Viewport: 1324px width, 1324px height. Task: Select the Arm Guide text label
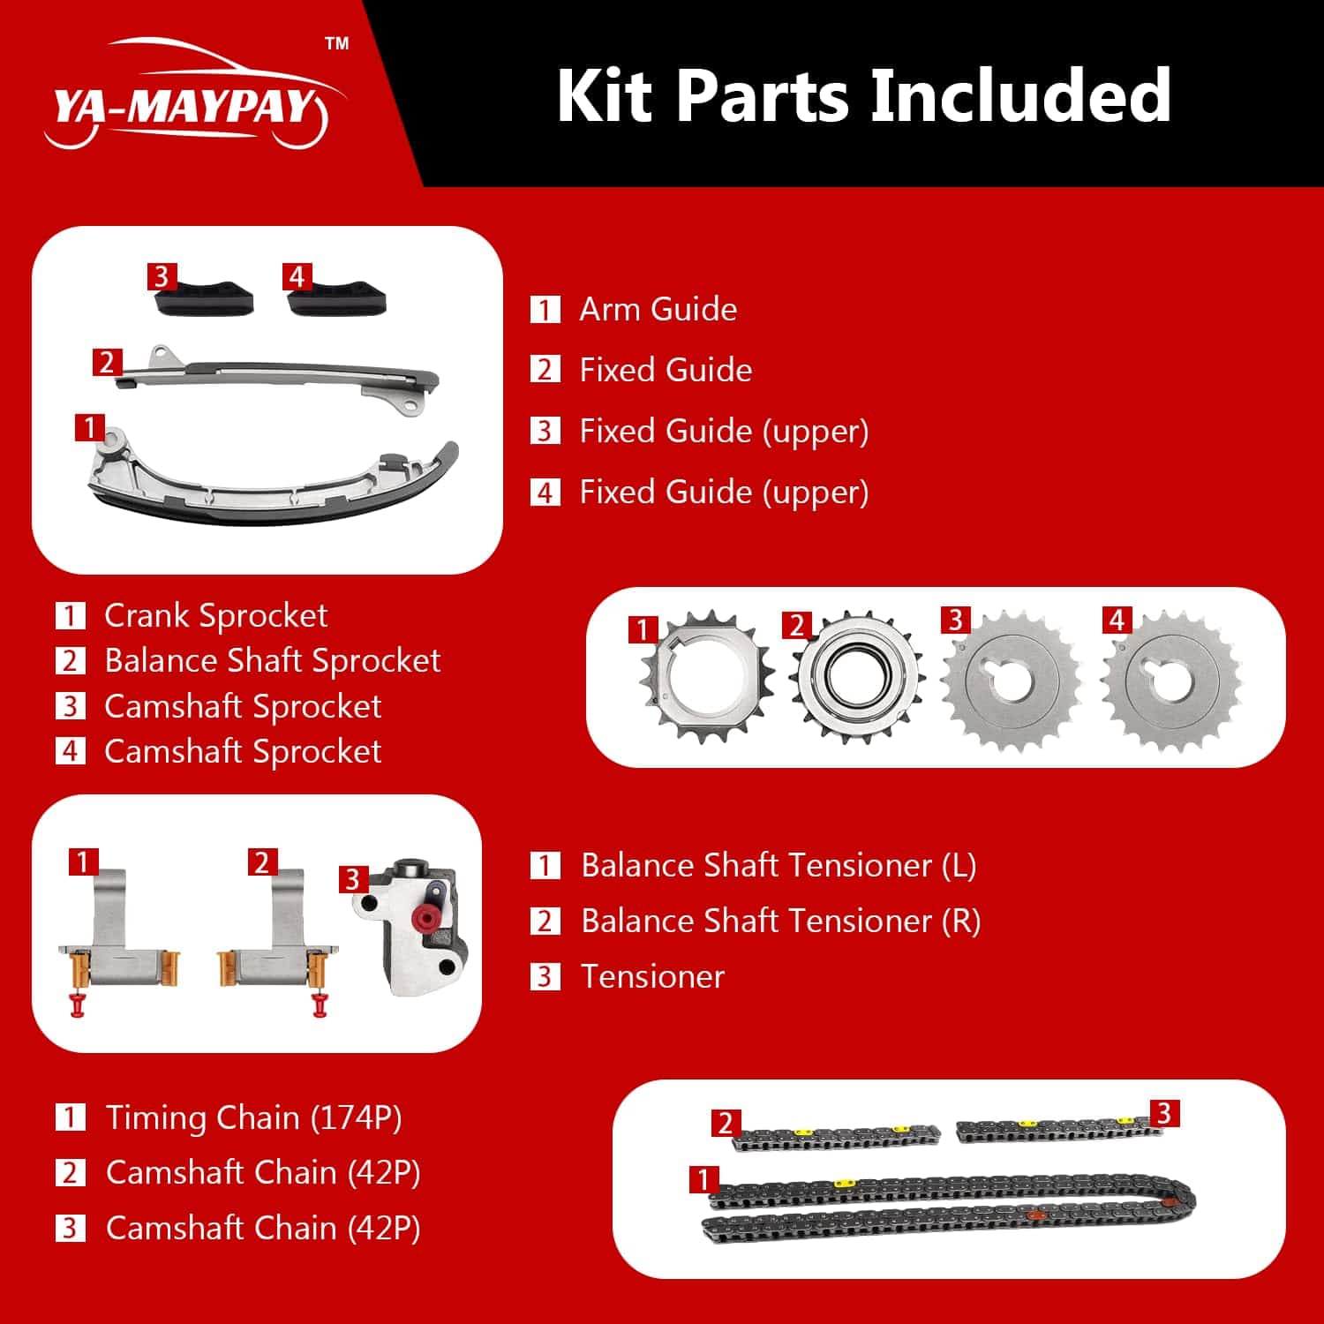658,309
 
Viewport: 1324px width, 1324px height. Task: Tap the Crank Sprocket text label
215,615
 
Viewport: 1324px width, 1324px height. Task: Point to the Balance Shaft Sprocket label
272,660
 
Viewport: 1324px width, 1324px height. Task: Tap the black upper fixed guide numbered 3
205,297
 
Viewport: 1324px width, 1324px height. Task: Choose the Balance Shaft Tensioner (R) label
781,921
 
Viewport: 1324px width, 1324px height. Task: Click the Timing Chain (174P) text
253,1117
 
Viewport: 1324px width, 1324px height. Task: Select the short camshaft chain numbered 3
1059,1128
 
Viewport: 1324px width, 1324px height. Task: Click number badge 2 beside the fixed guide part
107,362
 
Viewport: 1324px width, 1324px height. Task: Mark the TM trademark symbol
337,43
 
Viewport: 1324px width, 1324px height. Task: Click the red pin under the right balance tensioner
320,1004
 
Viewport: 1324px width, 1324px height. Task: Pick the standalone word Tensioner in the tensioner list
652,976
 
